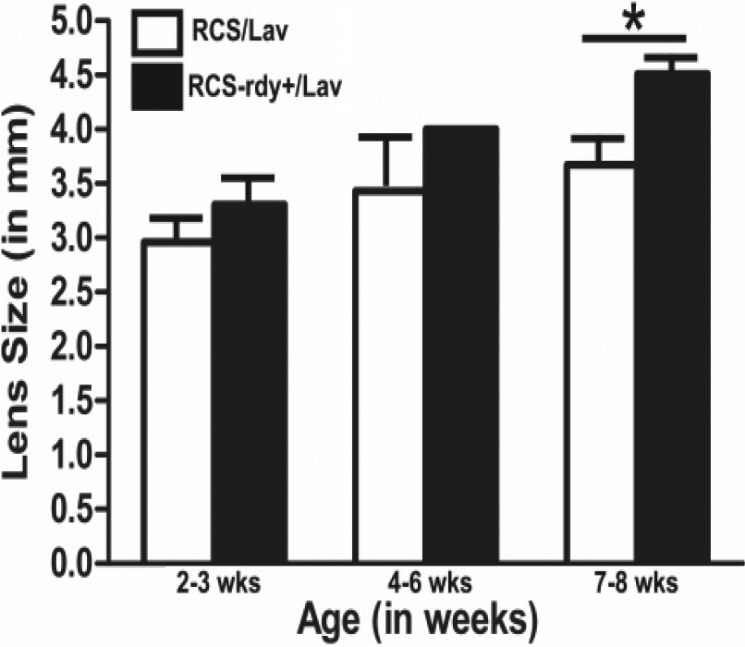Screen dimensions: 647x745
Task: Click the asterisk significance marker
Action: tap(634, 18)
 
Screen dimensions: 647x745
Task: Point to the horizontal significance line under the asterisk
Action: tap(634, 39)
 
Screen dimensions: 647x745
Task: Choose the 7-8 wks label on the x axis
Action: tap(635, 586)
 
